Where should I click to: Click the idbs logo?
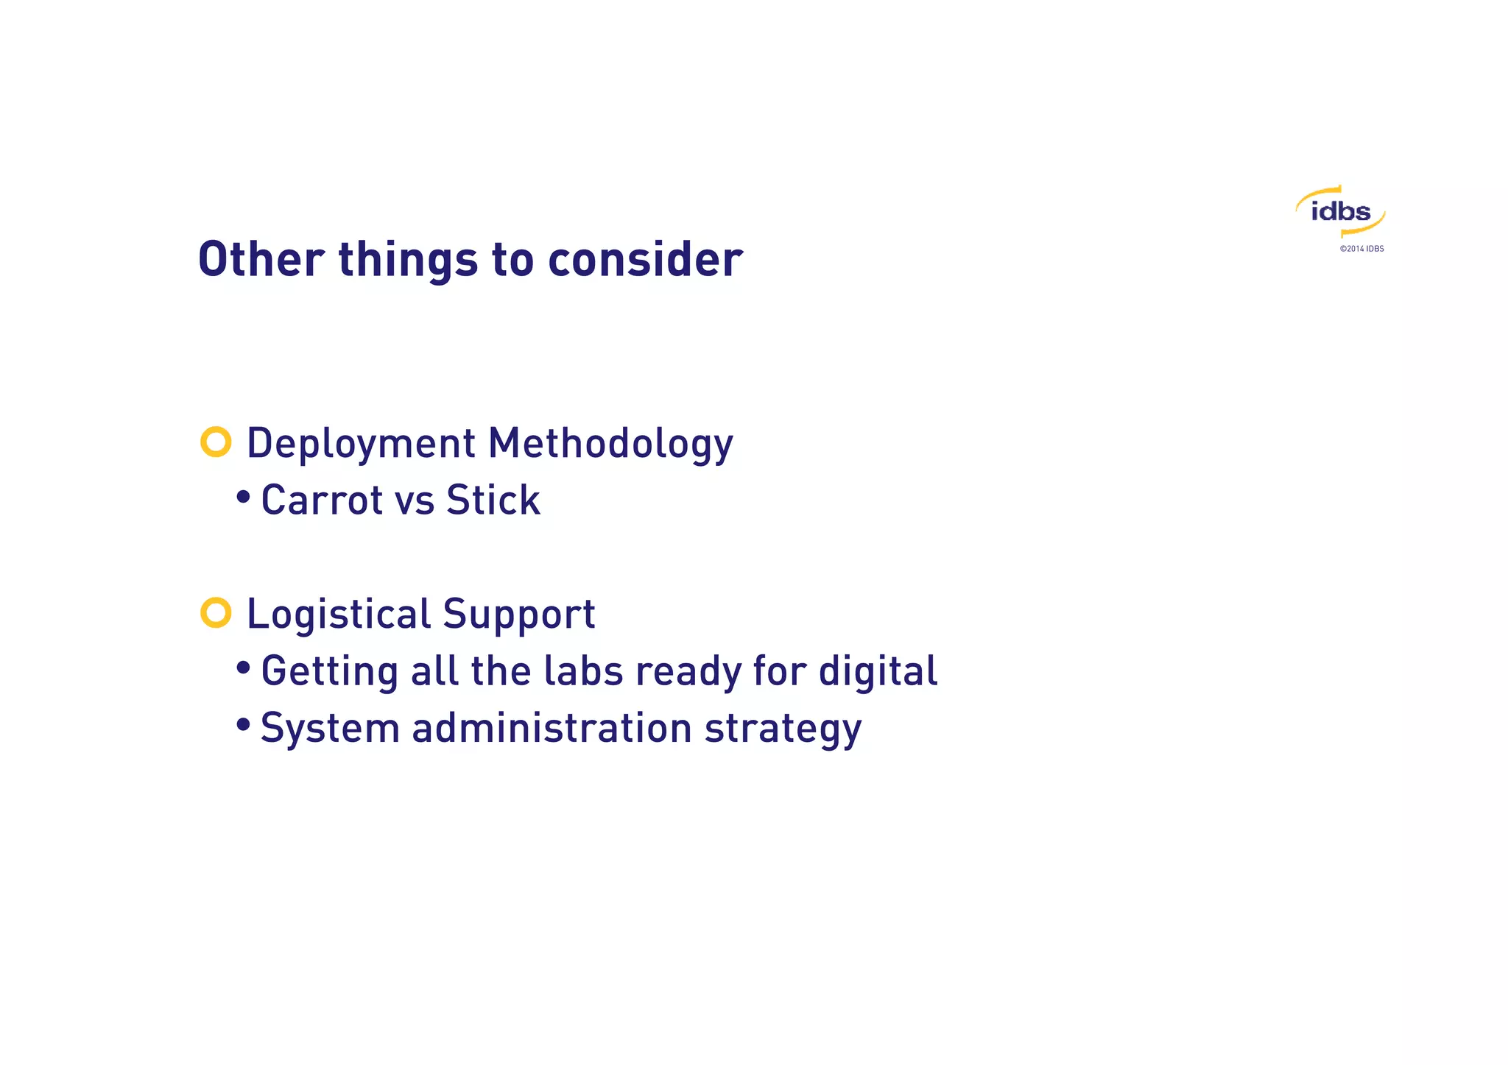pos(1340,212)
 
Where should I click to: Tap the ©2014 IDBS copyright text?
pos(1361,249)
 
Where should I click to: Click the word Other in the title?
pos(261,259)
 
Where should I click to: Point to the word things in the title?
pos(408,261)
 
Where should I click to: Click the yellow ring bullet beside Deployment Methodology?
pos(216,442)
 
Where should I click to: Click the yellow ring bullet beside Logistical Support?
pos(216,612)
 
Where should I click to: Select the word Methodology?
pos(610,444)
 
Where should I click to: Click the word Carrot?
pos(322,500)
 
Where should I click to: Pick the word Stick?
pos(493,500)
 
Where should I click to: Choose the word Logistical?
pos(338,615)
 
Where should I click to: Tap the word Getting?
pos(329,672)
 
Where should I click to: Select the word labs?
pos(582,671)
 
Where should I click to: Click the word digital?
pos(878,672)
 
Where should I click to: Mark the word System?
pos(330,729)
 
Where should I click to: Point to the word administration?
pos(552,728)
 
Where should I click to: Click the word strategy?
pos(783,729)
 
